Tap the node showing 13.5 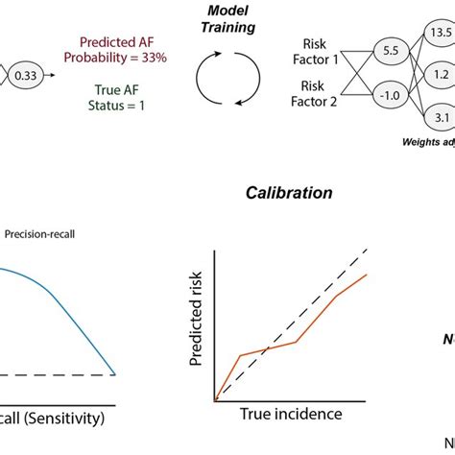click(x=441, y=34)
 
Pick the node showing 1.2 click(x=442, y=74)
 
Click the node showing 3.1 click(x=442, y=118)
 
